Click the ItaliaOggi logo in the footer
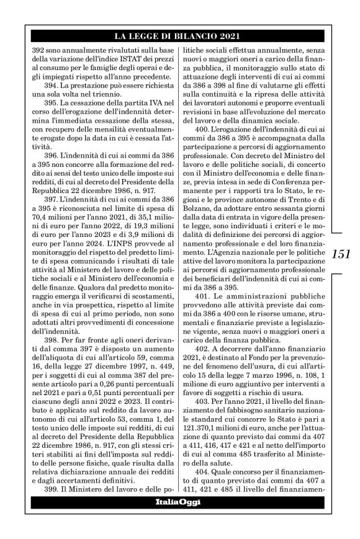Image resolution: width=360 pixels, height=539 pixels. point(177,501)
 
